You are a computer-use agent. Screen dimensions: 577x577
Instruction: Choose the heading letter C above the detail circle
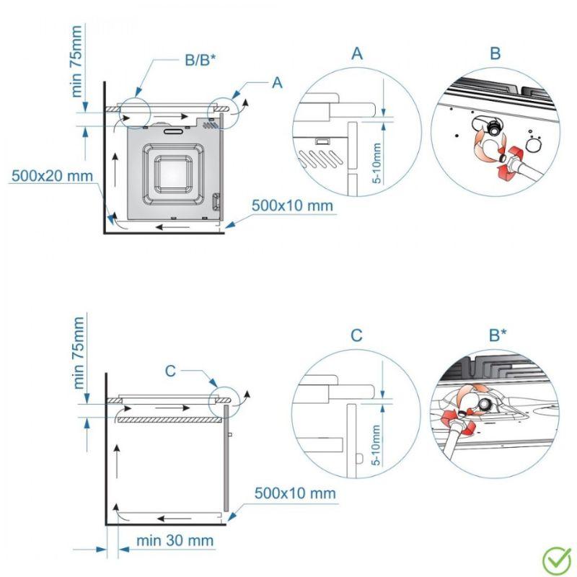356,335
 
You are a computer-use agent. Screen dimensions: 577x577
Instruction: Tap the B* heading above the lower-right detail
498,335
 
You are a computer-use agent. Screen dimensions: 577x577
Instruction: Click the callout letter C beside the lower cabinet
170,371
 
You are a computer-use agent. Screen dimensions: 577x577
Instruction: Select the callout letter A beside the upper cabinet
276,83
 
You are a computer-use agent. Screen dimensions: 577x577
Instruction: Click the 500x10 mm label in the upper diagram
293,206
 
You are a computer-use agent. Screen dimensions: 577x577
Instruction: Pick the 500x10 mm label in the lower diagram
295,493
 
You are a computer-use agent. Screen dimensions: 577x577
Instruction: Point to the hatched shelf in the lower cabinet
167,419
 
